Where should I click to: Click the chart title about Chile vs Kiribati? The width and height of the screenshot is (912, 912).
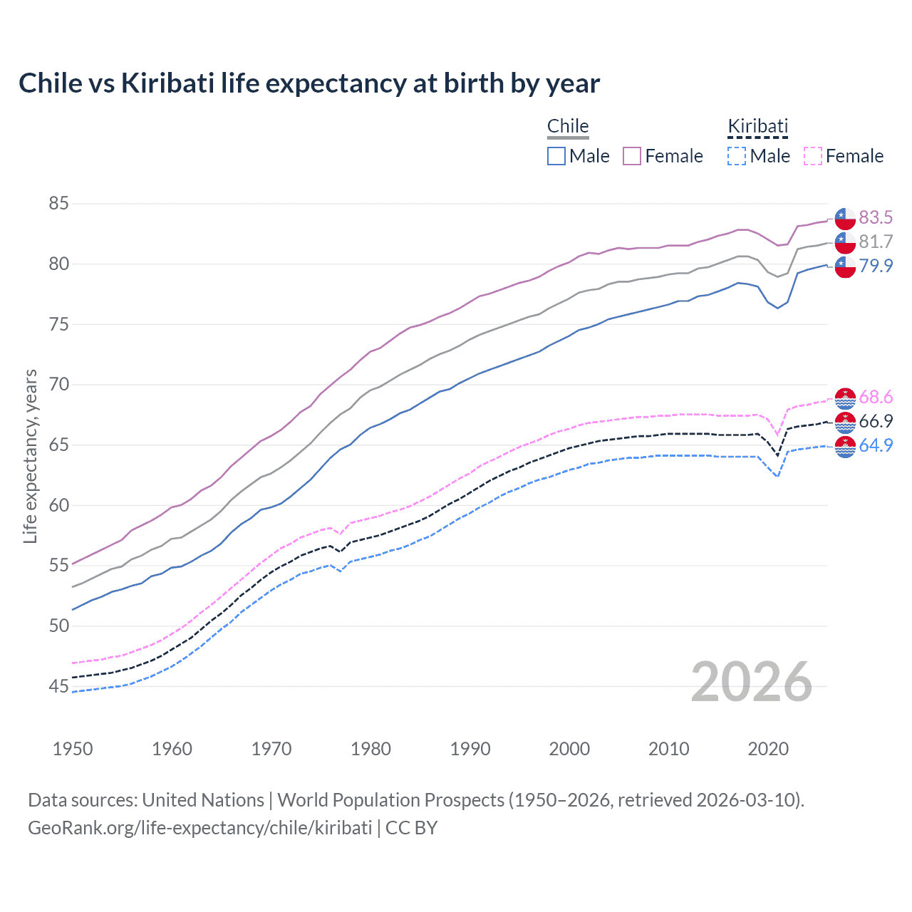(x=309, y=83)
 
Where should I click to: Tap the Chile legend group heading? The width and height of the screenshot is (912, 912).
(x=568, y=126)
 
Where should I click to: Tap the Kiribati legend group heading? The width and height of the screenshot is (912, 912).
(x=757, y=126)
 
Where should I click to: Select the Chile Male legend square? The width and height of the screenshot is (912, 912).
(x=556, y=156)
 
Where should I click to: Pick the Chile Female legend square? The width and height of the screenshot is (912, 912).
(x=632, y=156)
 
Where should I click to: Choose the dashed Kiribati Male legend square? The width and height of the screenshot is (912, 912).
(x=737, y=156)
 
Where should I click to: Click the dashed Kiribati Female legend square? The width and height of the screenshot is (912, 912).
(x=813, y=156)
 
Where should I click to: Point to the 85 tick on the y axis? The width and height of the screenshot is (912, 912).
(x=58, y=204)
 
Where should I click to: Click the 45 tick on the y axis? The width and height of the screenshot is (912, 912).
(x=58, y=687)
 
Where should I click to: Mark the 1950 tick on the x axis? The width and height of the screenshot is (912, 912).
(x=73, y=749)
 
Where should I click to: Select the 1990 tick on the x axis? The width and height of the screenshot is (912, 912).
(x=470, y=749)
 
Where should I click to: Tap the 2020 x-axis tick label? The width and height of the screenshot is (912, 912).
(x=768, y=749)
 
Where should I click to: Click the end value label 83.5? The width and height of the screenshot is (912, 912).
(x=876, y=217)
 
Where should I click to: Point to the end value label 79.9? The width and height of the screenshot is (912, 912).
(x=876, y=266)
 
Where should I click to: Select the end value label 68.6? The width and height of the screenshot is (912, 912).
(x=876, y=397)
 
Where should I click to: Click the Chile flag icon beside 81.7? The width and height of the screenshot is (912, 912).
(x=845, y=242)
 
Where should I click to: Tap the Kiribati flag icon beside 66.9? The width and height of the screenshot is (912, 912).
(x=845, y=422)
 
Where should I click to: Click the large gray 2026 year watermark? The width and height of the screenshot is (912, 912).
(x=752, y=682)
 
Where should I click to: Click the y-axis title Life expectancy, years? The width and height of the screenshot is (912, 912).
(x=30, y=456)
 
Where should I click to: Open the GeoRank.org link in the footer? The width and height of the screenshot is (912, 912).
(x=199, y=828)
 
